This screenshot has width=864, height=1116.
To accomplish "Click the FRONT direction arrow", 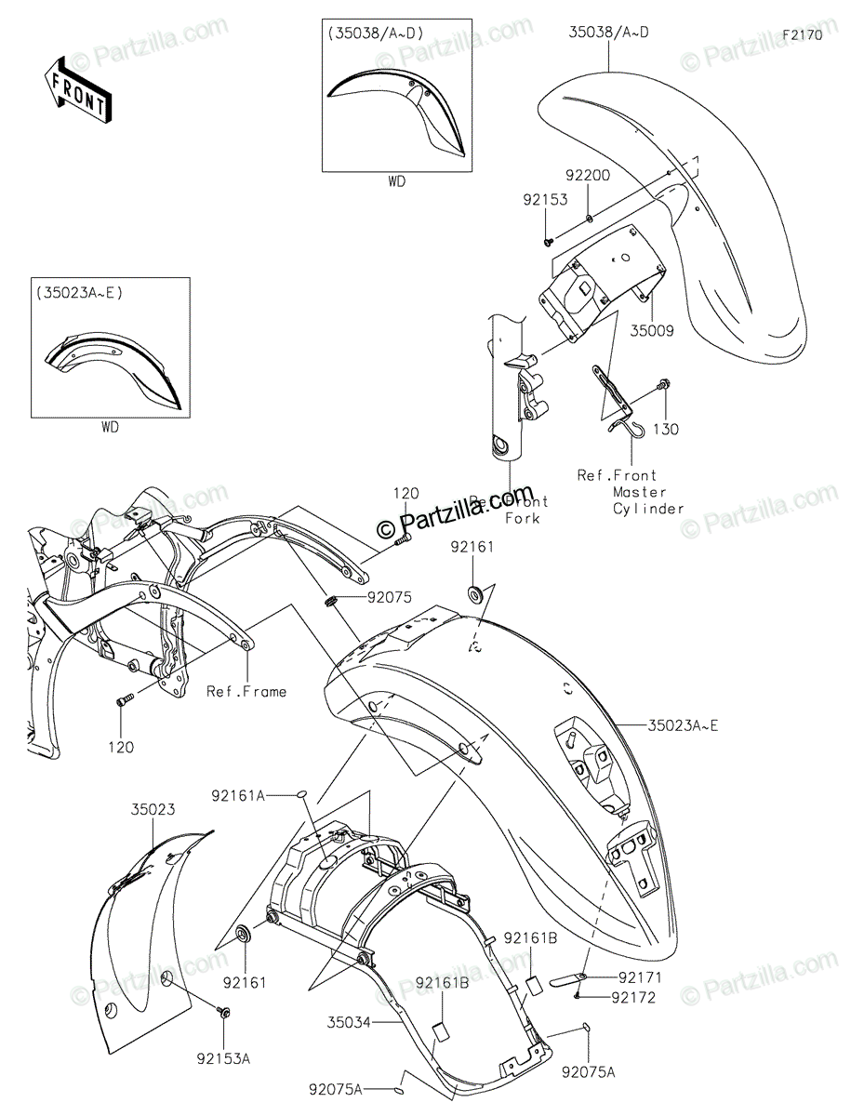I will (x=77, y=91).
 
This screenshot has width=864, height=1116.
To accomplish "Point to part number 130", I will (x=666, y=430).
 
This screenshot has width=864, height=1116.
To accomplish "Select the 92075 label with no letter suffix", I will (x=390, y=599).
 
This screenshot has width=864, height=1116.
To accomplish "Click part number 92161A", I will (x=238, y=795).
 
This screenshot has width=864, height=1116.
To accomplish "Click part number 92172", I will (x=635, y=998).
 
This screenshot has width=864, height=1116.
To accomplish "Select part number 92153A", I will (x=223, y=1058).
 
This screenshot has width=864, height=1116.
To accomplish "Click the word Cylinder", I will (x=648, y=509).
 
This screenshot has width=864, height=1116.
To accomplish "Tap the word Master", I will (x=640, y=492).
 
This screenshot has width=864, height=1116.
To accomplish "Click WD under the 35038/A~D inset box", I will (x=397, y=181).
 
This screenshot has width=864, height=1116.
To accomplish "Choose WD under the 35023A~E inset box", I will (x=109, y=428).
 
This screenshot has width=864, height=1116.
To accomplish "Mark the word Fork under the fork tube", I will (x=522, y=518).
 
